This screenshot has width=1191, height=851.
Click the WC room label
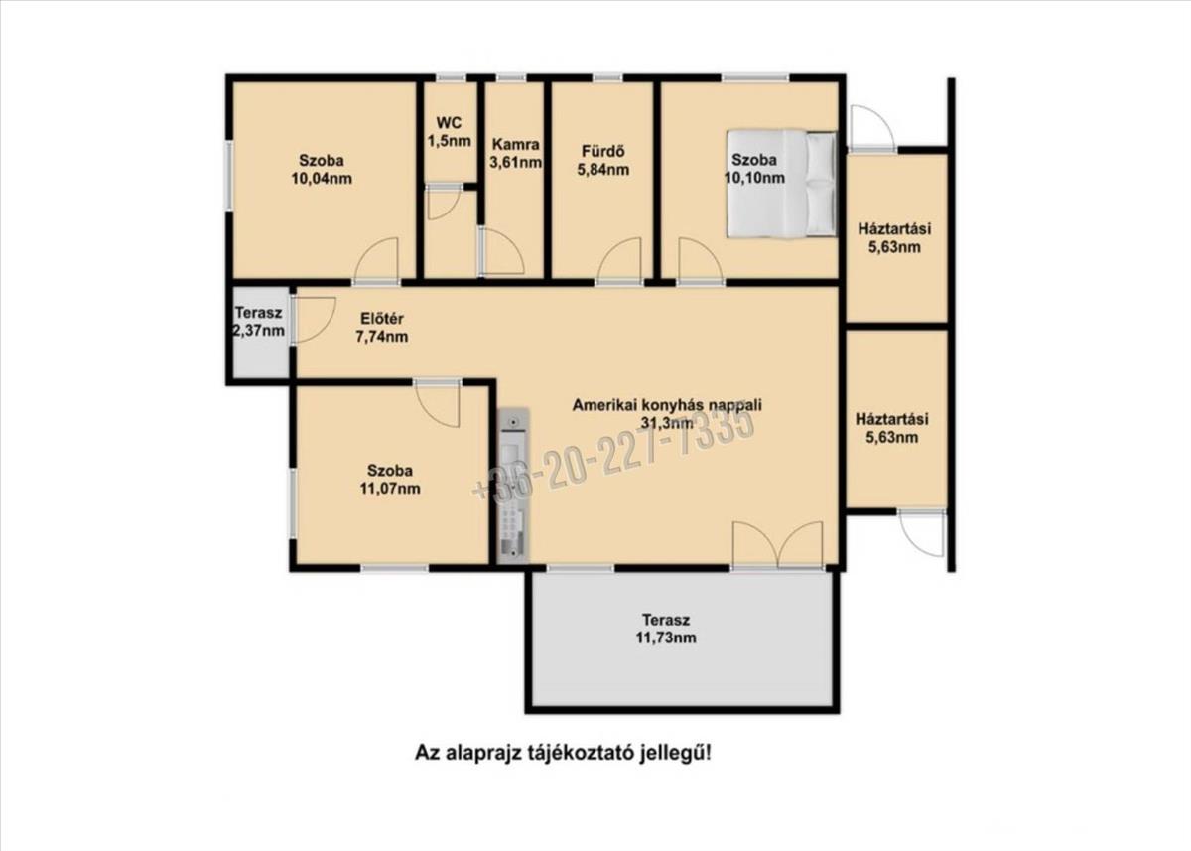pyautogui.click(x=450, y=131)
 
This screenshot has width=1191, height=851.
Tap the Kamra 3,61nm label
pyautogui.click(x=515, y=153)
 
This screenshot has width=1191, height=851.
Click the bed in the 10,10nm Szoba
pyautogui.click(x=781, y=184)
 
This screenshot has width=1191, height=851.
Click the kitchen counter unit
pyautogui.click(x=513, y=486)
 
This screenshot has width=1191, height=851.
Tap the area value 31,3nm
pyautogui.click(x=667, y=423)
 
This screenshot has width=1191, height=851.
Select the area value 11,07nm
pyautogui.click(x=390, y=489)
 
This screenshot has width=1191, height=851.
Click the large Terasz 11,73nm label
pyautogui.click(x=666, y=629)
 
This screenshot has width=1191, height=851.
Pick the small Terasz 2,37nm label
pyautogui.click(x=258, y=322)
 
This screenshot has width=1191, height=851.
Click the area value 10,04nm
pyautogui.click(x=322, y=178)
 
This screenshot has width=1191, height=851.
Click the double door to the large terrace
pyautogui.click(x=777, y=545)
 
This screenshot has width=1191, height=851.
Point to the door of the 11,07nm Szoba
pyautogui.click(x=437, y=403)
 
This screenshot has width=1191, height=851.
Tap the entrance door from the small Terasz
pyautogui.click(x=314, y=319)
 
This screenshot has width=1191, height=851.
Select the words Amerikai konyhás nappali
pyautogui.click(x=667, y=405)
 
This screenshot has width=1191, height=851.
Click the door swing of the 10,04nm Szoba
pyautogui.click(x=376, y=259)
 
